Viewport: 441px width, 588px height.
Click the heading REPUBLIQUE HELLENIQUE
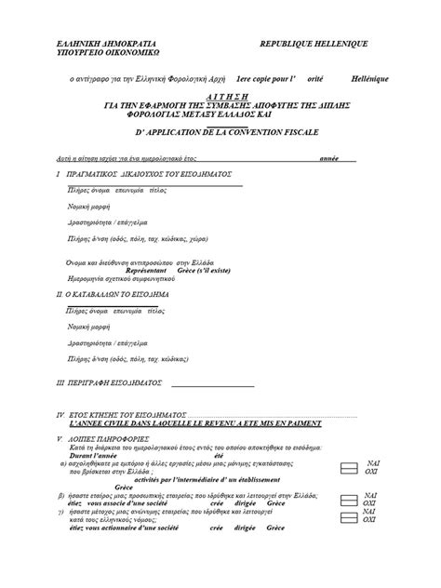[314, 45]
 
